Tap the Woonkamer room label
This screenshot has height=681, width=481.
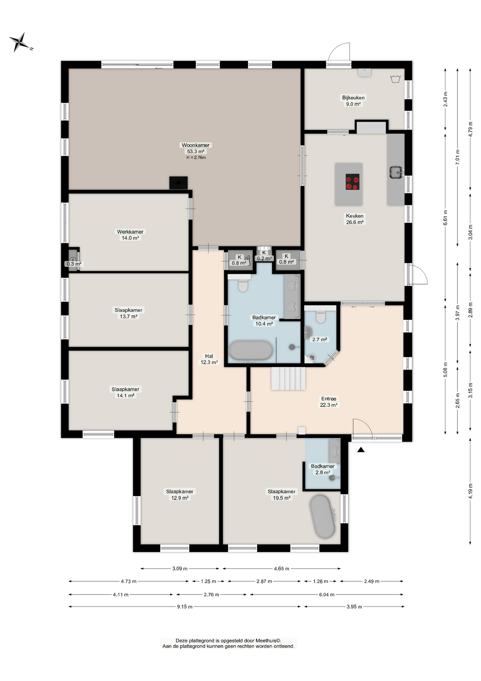(196, 145)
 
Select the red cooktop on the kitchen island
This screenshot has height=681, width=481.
(352, 182)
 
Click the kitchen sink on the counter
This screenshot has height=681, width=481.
(396, 172)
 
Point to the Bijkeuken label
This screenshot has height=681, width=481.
(353, 98)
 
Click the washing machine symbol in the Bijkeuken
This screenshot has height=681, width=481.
(395, 79)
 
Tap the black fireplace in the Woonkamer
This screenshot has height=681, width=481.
(179, 183)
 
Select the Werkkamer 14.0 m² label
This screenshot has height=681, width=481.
(130, 235)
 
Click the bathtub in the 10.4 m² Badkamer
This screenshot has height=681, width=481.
(251, 350)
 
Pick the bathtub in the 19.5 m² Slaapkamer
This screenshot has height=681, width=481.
(322, 516)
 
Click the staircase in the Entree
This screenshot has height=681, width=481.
(288, 378)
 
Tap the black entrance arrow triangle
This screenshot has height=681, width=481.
(361, 450)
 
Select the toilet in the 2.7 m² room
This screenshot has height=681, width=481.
(321, 316)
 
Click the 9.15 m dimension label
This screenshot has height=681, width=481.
(185, 607)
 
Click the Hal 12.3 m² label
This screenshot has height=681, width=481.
(209, 359)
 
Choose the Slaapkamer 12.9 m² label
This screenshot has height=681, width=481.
(180, 495)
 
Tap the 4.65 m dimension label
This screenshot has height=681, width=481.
(282, 569)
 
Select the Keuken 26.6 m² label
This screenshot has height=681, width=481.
(355, 219)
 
